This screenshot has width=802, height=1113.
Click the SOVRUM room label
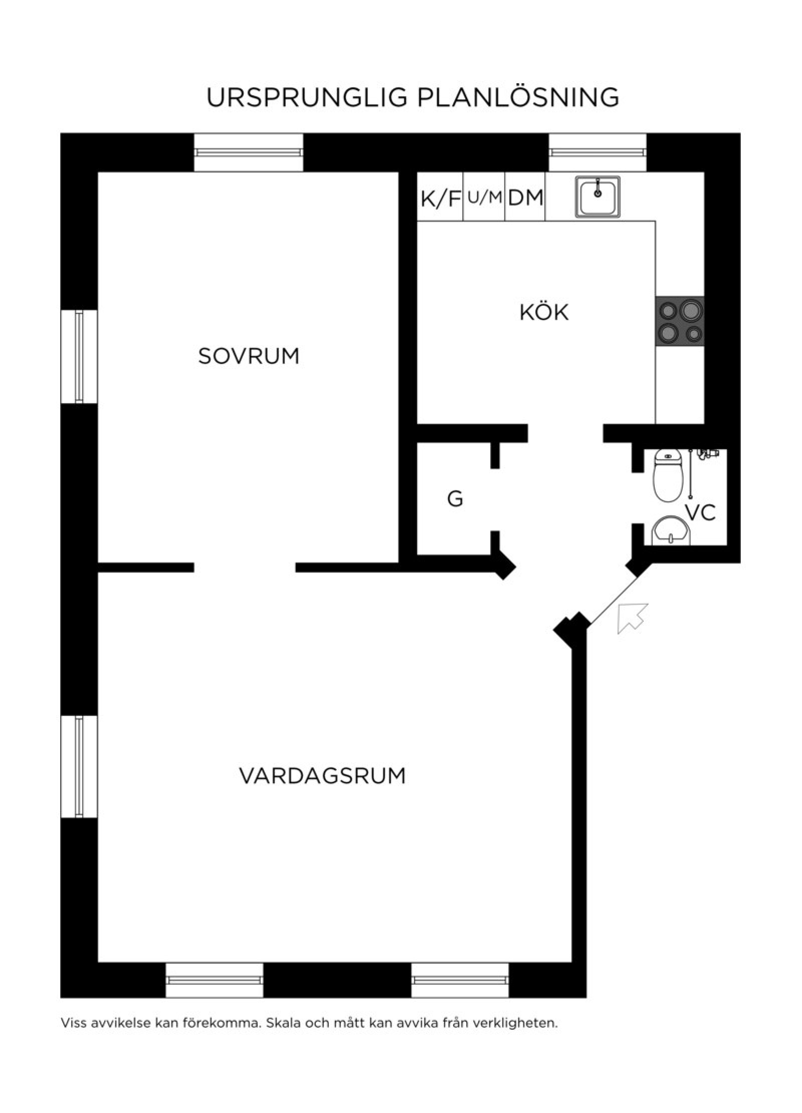coord(249,356)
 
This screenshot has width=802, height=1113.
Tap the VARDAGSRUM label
coord(322,776)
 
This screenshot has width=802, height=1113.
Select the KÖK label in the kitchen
coord(544,312)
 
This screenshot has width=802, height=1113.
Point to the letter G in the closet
coord(455,499)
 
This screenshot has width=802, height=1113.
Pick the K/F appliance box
coord(440,197)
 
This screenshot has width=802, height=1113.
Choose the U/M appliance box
coord(484,197)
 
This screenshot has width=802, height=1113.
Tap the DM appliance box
coord(525,197)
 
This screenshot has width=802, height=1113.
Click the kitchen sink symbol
coord(597,197)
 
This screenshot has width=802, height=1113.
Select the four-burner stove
coord(680,321)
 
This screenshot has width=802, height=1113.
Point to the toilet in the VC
coord(667,475)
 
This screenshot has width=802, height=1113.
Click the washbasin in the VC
coord(671,530)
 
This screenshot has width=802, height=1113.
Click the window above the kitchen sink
coord(597,152)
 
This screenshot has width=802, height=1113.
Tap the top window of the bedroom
coord(249,152)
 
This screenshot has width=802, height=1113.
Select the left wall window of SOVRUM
coord(79,356)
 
